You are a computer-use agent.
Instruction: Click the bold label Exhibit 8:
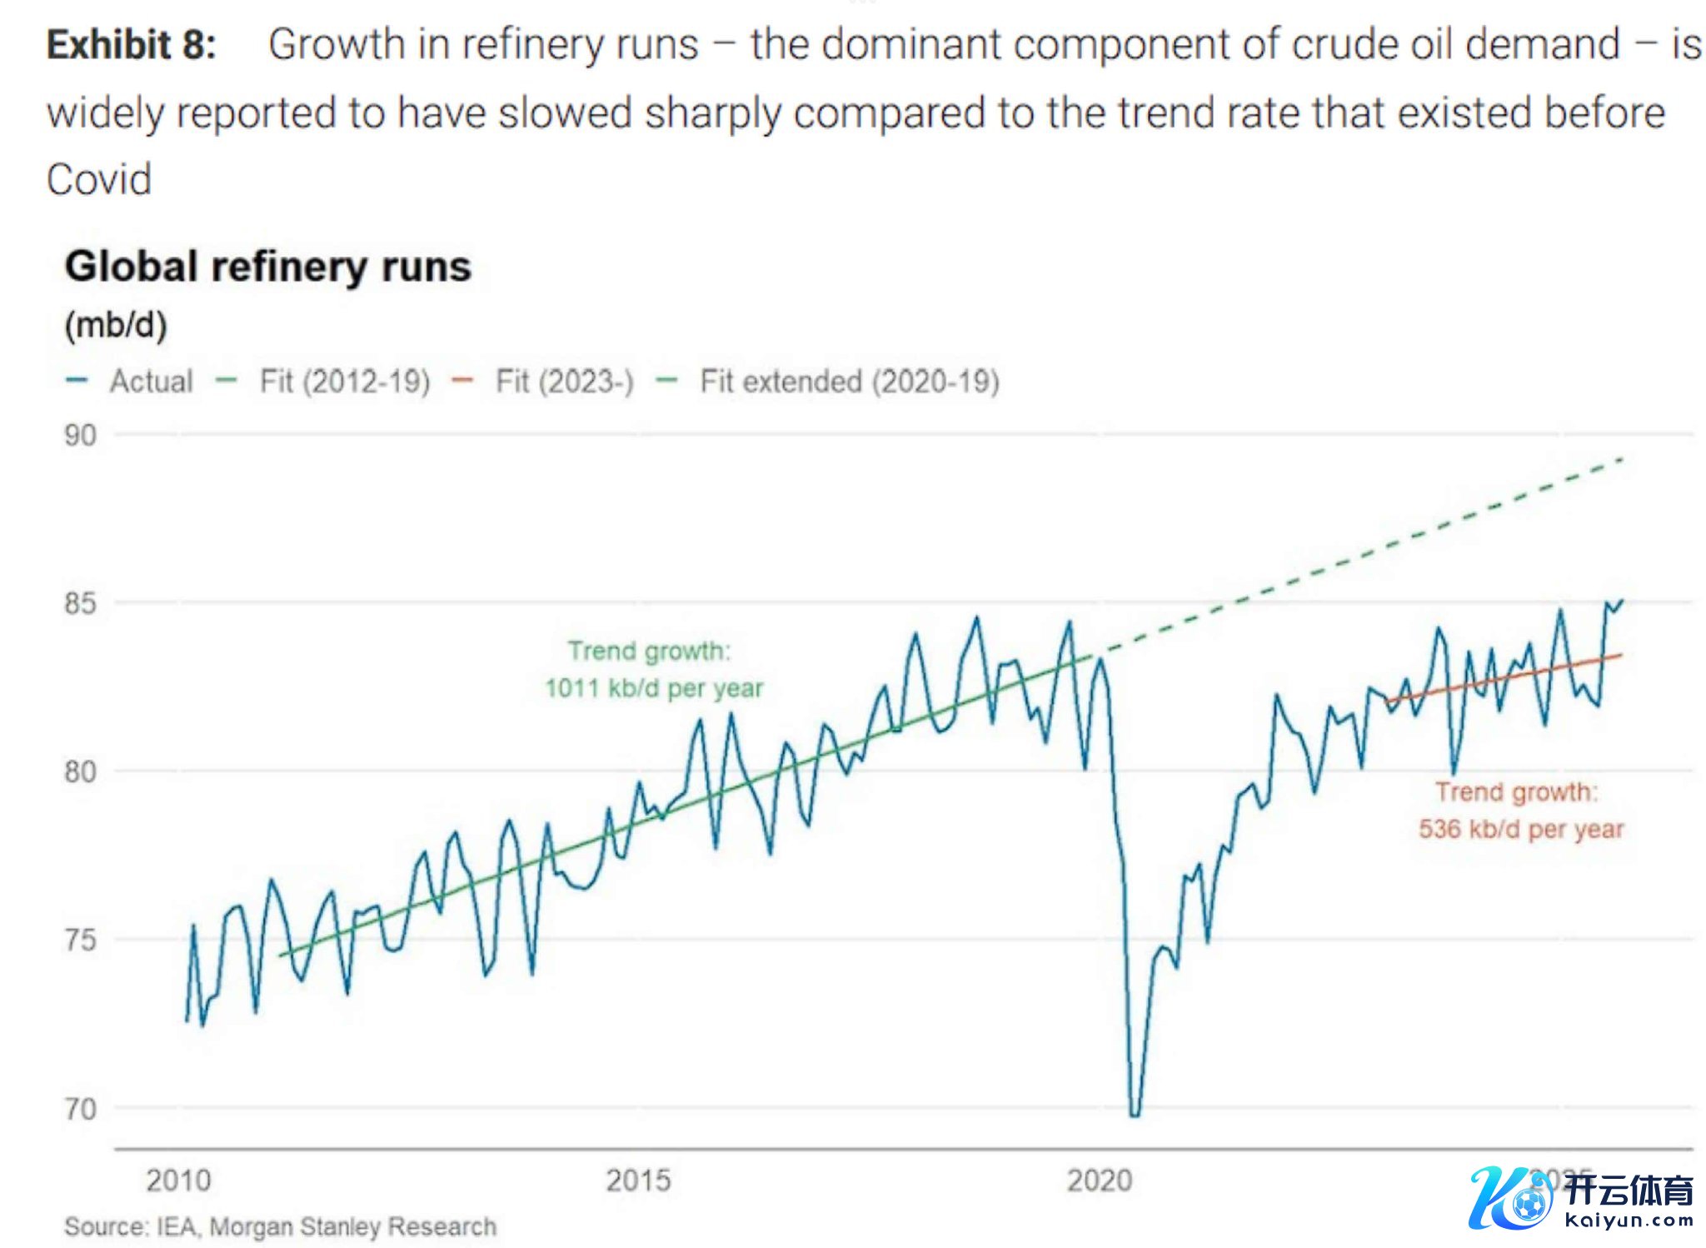132,44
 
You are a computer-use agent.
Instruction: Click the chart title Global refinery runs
268,267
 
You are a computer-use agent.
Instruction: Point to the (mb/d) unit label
116,325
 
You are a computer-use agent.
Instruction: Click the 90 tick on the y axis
80,435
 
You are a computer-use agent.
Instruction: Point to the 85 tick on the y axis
80,603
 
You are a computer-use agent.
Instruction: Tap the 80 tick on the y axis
80,771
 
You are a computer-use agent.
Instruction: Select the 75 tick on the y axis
80,941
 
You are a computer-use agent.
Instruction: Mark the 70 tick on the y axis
80,1109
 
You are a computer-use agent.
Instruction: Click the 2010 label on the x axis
178,1181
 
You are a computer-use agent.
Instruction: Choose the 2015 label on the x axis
638,1181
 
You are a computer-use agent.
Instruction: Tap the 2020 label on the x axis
1100,1181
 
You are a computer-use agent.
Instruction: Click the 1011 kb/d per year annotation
654,688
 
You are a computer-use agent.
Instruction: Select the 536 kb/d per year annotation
1521,829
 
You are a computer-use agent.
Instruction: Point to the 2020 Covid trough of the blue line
1135,1114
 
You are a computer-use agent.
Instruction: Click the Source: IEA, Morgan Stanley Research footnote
280,1226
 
